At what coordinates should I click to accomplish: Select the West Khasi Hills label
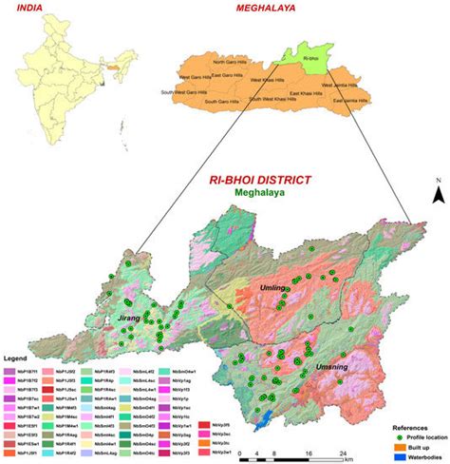[269, 81]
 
